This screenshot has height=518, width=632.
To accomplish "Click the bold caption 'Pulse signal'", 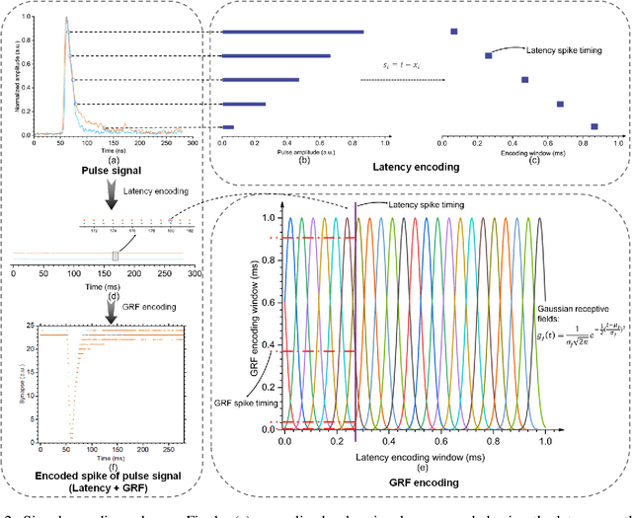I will pos(112,170).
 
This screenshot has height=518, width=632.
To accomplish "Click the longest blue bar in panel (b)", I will pos(292,33).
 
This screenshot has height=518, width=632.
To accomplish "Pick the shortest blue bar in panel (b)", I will pos(228,127).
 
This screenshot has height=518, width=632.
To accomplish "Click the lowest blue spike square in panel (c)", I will pos(594,126).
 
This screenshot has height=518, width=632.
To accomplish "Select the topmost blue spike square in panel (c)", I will pos(453,32).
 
